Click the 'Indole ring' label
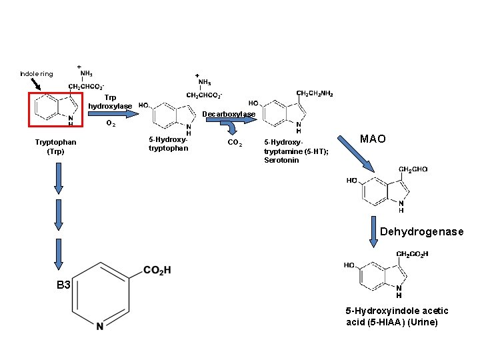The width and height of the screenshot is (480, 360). [x=36, y=74]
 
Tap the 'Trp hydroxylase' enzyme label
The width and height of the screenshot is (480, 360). [x=110, y=102]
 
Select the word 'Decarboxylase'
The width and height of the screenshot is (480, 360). [x=228, y=114]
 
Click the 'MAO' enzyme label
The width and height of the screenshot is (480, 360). [x=373, y=139]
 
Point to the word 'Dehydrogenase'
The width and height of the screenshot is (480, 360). [x=421, y=232]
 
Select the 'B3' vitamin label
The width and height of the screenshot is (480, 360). [x=63, y=285]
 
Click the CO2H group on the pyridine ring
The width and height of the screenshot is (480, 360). [x=157, y=270]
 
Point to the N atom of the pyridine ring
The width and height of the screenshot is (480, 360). [x=99, y=326]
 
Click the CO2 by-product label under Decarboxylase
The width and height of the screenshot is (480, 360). [x=235, y=142]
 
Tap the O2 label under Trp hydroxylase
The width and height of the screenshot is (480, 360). [x=111, y=124]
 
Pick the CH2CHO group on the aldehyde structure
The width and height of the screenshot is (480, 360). [x=413, y=170]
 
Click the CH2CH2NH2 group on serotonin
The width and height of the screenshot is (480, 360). [x=314, y=93]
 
